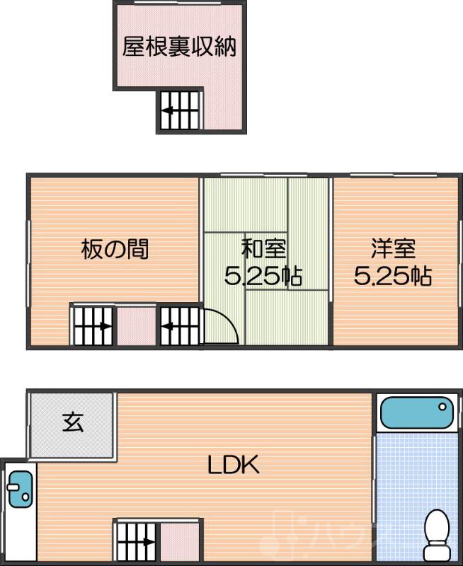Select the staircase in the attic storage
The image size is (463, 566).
pos(179,111)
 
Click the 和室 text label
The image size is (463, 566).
pos(263,248)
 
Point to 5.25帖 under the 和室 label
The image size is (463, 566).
pos(263,276)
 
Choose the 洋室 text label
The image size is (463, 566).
pos(393,248)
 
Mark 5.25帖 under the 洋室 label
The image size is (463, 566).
pos(393,276)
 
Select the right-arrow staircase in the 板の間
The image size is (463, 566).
pos(93,326)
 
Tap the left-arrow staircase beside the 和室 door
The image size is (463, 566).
pos(179,326)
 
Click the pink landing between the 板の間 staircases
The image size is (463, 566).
pos(136,326)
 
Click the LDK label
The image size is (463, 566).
pos(234,465)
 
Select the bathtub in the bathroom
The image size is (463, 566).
pos(416,412)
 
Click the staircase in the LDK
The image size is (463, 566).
pos(137,541)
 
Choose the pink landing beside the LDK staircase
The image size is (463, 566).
pos(180,541)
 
